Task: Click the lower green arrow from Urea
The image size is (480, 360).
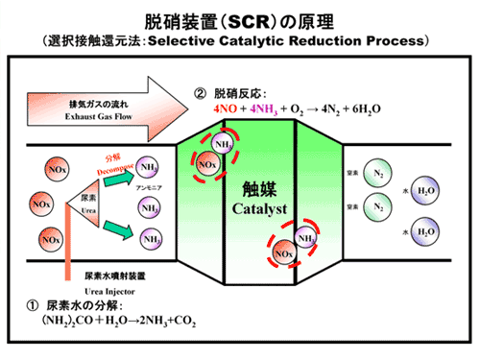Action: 119,228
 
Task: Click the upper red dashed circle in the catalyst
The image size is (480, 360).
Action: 212,156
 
